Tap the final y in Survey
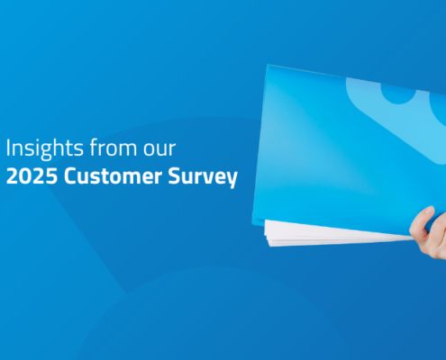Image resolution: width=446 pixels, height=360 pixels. (232, 179)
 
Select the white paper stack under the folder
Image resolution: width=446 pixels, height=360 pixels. (333, 234)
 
